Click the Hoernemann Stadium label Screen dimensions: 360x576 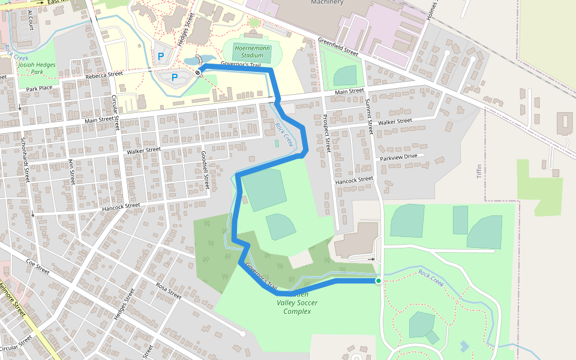pyautogui.click(x=249, y=51)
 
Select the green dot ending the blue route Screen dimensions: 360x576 pyautogui.click(x=379, y=280)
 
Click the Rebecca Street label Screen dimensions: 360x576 pyautogui.click(x=104, y=75)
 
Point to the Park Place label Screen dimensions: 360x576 pyautogui.click(x=40, y=89)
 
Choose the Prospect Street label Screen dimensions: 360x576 pyautogui.click(x=328, y=134)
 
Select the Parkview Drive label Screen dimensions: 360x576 pyautogui.click(x=398, y=157)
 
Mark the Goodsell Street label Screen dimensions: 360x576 pyautogui.click(x=205, y=170)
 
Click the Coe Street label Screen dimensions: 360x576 pyautogui.click(x=37, y=266)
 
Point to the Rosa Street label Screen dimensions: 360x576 pyautogui.click(x=168, y=291)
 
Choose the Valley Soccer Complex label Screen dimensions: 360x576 pyautogui.click(x=297, y=307)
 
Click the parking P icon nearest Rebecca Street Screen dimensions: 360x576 pyautogui.click(x=175, y=77)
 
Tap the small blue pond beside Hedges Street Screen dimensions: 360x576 pyautogui.click(x=191, y=61)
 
